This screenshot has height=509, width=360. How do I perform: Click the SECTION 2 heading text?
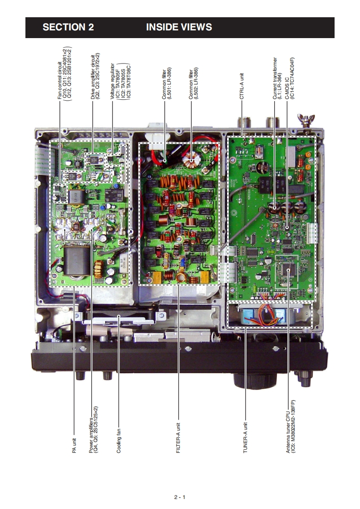coord(68,27)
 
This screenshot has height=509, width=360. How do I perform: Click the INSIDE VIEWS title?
coord(179,27)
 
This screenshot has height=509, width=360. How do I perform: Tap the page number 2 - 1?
coord(180,497)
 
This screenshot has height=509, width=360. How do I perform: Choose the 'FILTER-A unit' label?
coord(178,435)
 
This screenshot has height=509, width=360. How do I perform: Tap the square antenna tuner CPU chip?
coord(287,269)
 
